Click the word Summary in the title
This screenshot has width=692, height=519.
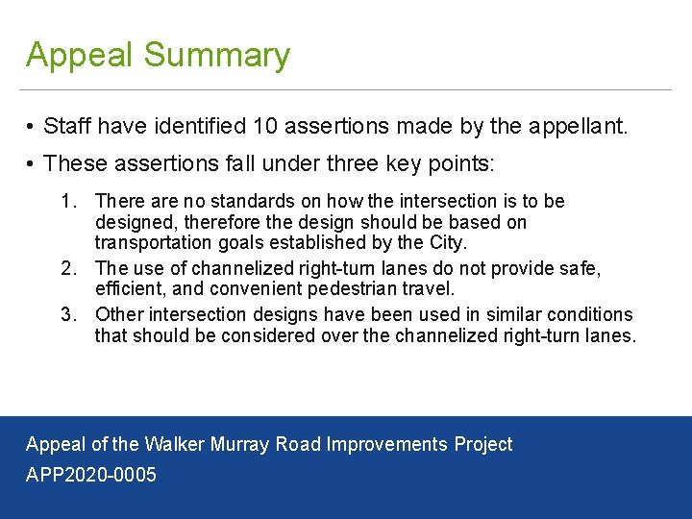point(217,56)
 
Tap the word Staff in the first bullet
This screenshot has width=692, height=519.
point(73,126)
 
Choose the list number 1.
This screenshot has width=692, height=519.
point(67,202)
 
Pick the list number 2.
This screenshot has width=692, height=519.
point(67,268)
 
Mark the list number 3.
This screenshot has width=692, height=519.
point(67,314)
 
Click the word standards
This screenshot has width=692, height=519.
point(225,202)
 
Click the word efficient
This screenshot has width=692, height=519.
point(126,288)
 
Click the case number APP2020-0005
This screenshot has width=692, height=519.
point(91,475)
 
